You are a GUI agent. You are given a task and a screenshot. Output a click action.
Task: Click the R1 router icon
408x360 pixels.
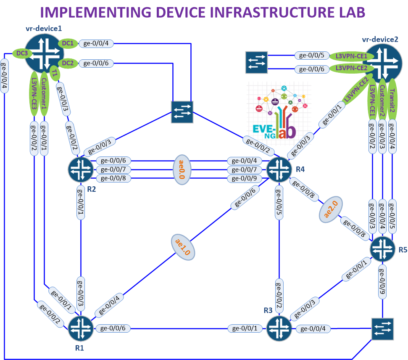tap(81, 328)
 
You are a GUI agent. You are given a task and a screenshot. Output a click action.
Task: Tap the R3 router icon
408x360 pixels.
tap(279, 328)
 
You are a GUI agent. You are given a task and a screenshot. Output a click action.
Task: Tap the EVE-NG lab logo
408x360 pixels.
tap(279, 111)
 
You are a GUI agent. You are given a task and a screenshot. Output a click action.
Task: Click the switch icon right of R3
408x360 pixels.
tap(382, 328)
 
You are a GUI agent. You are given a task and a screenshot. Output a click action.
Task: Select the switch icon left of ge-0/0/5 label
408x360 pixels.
tap(256, 61)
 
